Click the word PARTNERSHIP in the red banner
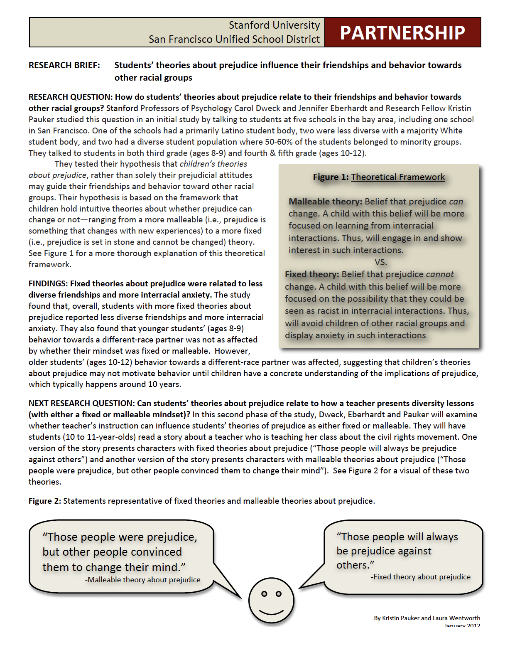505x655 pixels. (x=402, y=33)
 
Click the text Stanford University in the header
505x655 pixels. (x=274, y=25)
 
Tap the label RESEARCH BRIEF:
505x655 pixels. (x=64, y=65)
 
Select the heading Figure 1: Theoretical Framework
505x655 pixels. (x=379, y=177)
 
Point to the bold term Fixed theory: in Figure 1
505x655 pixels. (x=312, y=274)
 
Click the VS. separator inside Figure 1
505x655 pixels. (x=380, y=262)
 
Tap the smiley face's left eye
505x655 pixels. (x=264, y=594)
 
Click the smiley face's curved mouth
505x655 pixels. (x=271, y=611)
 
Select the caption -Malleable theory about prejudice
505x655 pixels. (x=143, y=580)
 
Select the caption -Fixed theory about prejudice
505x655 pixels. (x=421, y=577)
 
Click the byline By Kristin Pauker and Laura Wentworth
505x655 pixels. (x=427, y=618)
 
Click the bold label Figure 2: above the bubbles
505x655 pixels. (x=45, y=501)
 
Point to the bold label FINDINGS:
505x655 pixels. (x=48, y=284)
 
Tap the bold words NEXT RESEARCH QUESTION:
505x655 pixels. (x=81, y=404)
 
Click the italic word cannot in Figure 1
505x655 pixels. (x=439, y=274)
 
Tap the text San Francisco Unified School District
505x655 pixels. (x=234, y=39)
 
